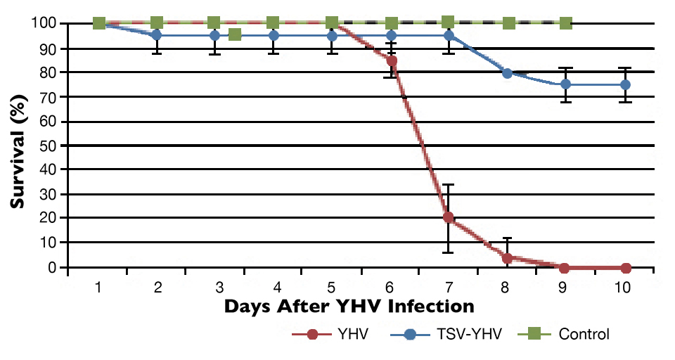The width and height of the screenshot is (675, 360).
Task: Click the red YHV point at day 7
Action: click(449, 218)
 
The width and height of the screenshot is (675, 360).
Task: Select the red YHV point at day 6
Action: click(392, 61)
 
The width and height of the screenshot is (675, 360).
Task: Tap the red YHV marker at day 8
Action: click(507, 258)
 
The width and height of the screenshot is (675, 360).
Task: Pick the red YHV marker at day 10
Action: click(625, 268)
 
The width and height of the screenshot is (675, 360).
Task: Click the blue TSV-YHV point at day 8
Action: click(507, 72)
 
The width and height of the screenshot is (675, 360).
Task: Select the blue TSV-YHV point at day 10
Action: click(625, 84)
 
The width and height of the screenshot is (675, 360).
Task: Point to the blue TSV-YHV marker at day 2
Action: click(157, 34)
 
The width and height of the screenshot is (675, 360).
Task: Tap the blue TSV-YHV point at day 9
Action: click(565, 84)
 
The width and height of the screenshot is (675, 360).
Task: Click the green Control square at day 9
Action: click(566, 23)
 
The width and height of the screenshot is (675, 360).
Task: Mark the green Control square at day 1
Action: click(99, 23)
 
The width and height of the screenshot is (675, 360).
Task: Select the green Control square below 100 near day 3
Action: click(235, 34)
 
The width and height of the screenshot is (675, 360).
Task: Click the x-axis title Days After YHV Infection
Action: click(349, 307)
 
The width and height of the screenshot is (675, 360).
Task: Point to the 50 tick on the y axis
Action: click(51, 145)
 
